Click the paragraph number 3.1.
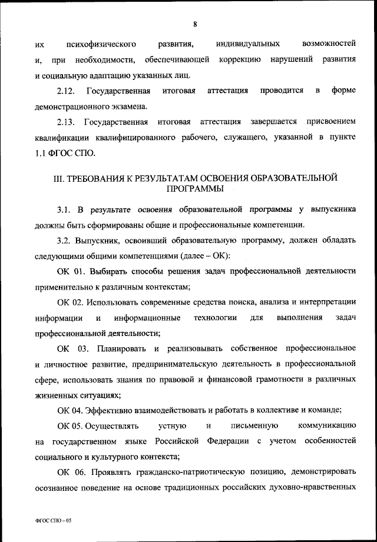point(64,210)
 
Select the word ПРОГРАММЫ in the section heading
point(194,189)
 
